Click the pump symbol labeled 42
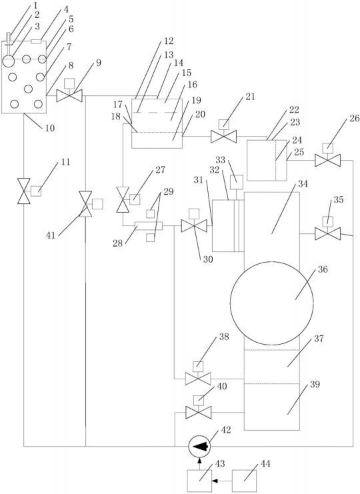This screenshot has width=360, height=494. (199, 446)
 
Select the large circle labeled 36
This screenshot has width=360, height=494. (272, 303)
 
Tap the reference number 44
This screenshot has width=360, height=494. (265, 464)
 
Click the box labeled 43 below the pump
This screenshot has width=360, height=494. (199, 481)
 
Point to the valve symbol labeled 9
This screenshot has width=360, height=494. (69, 91)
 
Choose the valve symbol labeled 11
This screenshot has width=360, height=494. (28, 191)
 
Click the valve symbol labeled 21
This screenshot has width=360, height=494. (223, 133)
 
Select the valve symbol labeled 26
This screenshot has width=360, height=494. (327, 157)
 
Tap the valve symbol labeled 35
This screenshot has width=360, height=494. (327, 230)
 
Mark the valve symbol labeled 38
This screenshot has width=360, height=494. (198, 375)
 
